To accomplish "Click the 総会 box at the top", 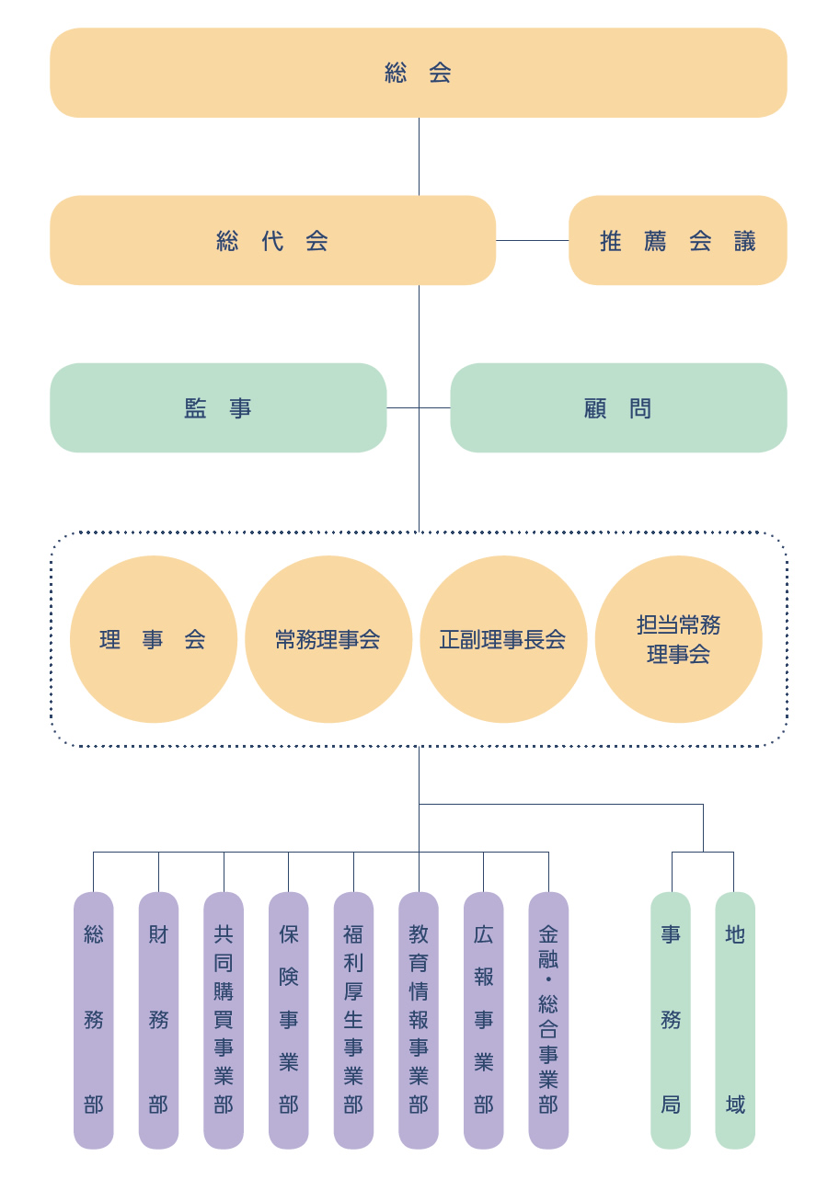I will pyautogui.click(x=419, y=73).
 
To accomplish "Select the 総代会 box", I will pyautogui.click(x=272, y=240).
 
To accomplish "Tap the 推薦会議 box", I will pyautogui.click(x=678, y=240).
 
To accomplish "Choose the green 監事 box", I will pyautogui.click(x=218, y=407).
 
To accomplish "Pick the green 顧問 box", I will pyautogui.click(x=618, y=407).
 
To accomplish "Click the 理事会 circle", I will pyautogui.click(x=154, y=639).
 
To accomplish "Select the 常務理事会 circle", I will pyautogui.click(x=328, y=639).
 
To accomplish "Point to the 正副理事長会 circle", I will pyautogui.click(x=503, y=639).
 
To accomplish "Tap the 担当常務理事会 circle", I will pyautogui.click(x=679, y=639).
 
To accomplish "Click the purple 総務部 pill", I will pyautogui.click(x=94, y=1020).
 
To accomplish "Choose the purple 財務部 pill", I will pyautogui.click(x=158, y=1020).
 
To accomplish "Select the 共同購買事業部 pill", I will pyautogui.click(x=224, y=1020).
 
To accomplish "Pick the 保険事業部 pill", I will pyautogui.click(x=289, y=1020).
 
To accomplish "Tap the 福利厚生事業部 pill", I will pyautogui.click(x=353, y=1020).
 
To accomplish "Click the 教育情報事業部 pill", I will pyautogui.click(x=419, y=1020).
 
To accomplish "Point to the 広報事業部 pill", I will pyautogui.click(x=484, y=1020).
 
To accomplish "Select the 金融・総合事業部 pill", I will pyautogui.click(x=548, y=1020).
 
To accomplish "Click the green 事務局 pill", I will pyautogui.click(x=671, y=1020).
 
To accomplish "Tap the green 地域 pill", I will pyautogui.click(x=735, y=1020).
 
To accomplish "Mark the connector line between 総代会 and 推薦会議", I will pyautogui.click(x=532, y=240).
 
